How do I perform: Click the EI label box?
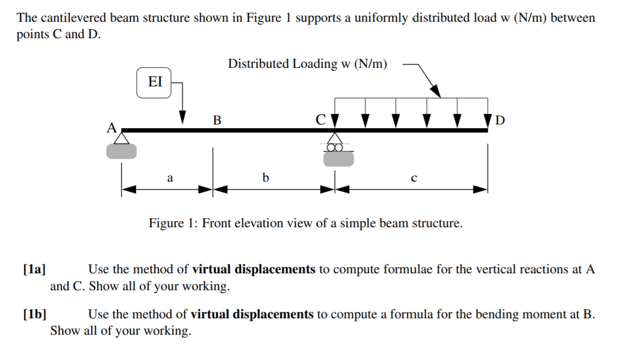pyautogui.click(x=154, y=83)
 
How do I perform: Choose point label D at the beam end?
pyautogui.click(x=500, y=120)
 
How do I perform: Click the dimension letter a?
pyautogui.click(x=170, y=178)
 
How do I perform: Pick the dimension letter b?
pyautogui.click(x=266, y=178)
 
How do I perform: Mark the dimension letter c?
pyautogui.click(x=413, y=179)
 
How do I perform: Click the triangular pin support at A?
pyautogui.click(x=122, y=138)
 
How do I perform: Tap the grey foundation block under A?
pyautogui.click(x=122, y=151)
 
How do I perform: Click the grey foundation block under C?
pyautogui.click(x=338, y=159)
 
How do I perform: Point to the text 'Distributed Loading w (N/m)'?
pyautogui.click(x=307, y=64)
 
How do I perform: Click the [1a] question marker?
pyautogui.click(x=34, y=269)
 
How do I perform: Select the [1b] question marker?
pyautogui.click(x=34, y=314)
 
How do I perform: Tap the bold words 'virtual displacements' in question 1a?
pyautogui.click(x=253, y=269)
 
